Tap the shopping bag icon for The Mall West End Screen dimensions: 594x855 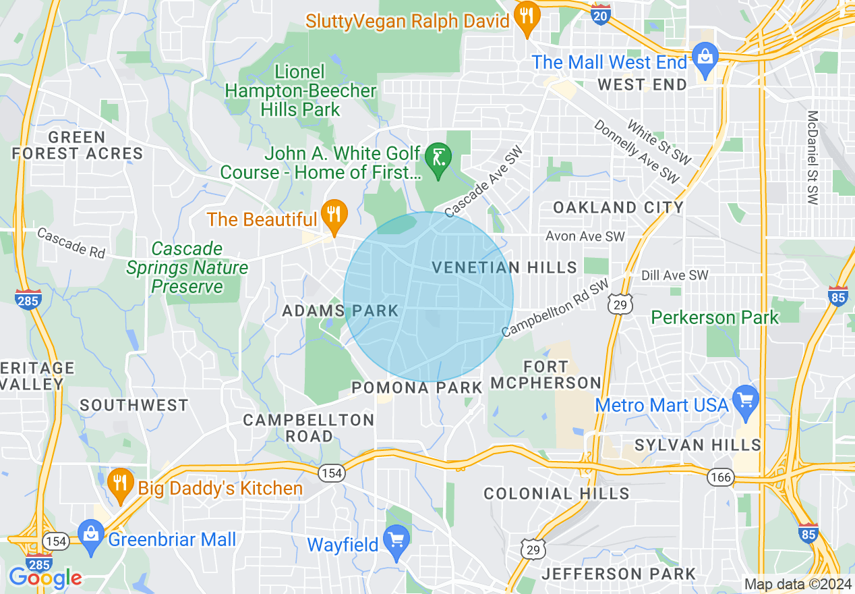pos(705,57)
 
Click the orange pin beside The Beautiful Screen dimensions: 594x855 pos(333,215)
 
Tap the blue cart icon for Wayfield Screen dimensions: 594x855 pos(396,540)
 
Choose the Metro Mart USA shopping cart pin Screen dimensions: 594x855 pos(746,400)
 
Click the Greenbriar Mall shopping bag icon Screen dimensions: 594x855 pos(90,534)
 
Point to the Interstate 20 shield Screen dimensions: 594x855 pos(601,14)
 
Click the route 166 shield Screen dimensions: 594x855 pos(720,477)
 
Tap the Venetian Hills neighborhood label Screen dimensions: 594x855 pos(504,267)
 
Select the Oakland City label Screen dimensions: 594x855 pos(618,207)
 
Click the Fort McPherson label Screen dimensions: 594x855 pos(546,375)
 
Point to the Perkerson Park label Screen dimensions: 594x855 pos(715,317)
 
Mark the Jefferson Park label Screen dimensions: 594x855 pos(618,574)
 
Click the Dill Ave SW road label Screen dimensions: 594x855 pos(675,275)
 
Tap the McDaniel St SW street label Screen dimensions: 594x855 pos(813,158)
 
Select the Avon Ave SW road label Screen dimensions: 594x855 pos(585,236)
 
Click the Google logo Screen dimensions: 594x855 pos(45,578)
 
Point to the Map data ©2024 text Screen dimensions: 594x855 pos(797,584)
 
